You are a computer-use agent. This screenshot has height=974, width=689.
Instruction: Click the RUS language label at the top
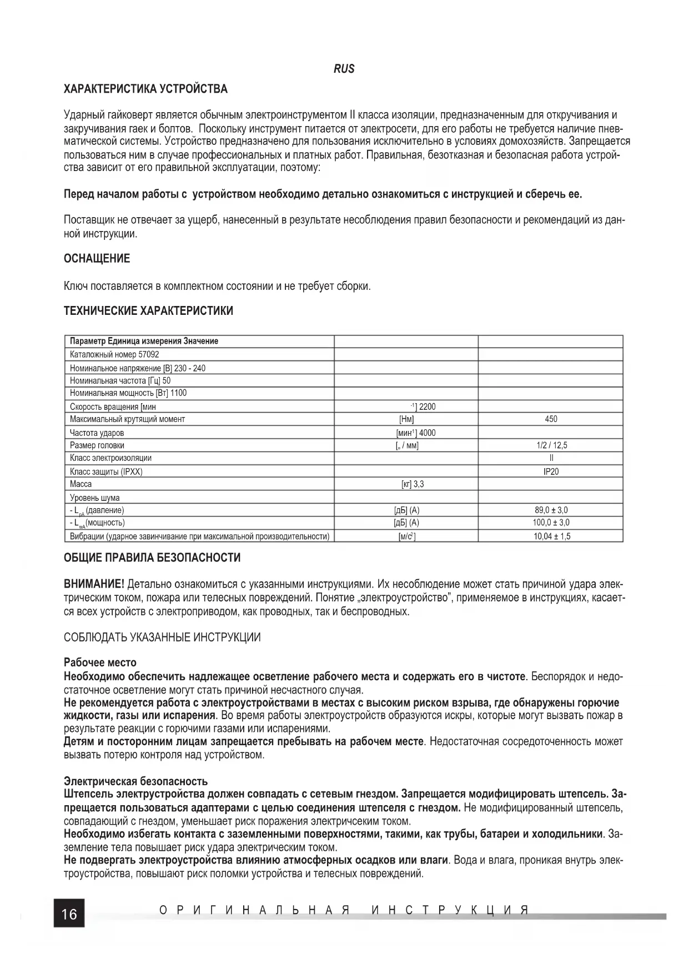click(344, 69)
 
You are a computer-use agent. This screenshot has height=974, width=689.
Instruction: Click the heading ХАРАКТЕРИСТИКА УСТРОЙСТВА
click(145, 89)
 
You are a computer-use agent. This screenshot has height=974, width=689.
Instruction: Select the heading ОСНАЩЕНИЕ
click(97, 258)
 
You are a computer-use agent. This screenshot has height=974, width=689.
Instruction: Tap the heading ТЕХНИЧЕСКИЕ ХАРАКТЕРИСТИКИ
click(148, 310)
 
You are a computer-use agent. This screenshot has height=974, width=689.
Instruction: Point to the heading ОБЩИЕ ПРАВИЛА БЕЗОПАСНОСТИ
click(152, 558)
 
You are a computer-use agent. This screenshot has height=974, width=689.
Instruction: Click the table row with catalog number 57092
click(115, 354)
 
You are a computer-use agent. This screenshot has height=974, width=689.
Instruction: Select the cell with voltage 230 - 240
click(138, 368)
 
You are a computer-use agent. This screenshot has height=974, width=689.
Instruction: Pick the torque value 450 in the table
click(551, 419)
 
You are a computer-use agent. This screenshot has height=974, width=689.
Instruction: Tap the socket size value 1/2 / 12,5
click(551, 445)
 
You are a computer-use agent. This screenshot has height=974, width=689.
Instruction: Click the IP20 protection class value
click(551, 471)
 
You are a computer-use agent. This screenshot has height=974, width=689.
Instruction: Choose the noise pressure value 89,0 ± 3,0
click(551, 510)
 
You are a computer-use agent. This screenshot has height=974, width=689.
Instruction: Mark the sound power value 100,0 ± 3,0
click(551, 523)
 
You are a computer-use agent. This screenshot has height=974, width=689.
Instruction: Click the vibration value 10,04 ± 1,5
click(551, 536)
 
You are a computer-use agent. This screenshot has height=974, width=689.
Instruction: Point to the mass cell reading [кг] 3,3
click(412, 484)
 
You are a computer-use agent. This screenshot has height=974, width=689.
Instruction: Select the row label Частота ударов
click(97, 433)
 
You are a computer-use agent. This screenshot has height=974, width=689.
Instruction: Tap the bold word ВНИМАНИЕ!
click(94, 584)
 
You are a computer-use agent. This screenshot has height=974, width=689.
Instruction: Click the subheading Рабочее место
click(100, 662)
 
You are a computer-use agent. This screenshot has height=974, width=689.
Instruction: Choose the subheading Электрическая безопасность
click(135, 782)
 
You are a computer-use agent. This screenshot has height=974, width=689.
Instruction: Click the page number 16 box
click(69, 913)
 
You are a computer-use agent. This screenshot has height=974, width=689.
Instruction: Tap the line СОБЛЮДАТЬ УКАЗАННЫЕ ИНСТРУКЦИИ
click(162, 637)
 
